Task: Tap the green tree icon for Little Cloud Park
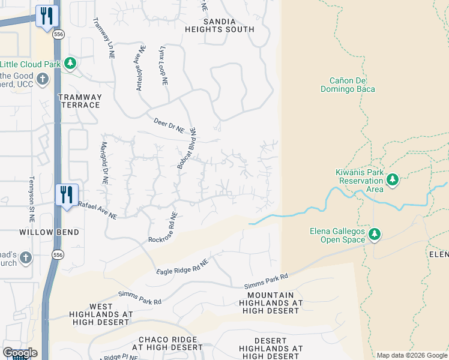pos(70,63)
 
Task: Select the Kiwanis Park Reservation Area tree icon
pos(393,179)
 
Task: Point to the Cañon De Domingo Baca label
pos(352,85)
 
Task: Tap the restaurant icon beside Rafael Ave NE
pos(66,195)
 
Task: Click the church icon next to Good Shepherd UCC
pos(43,79)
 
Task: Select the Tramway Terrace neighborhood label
pos(79,101)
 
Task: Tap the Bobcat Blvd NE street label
pos(185,148)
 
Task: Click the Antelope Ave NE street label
pos(140,68)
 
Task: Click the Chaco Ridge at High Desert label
pos(167,343)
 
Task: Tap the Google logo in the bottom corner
pos(20,353)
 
